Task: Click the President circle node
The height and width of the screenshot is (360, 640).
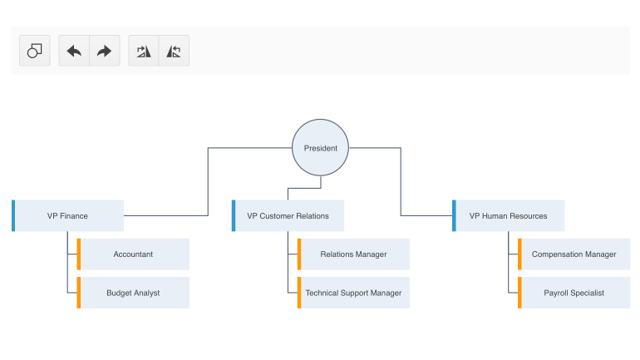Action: [x=320, y=148]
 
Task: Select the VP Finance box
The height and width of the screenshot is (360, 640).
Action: [x=68, y=216]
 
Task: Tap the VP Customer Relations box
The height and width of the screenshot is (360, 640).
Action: [x=288, y=216]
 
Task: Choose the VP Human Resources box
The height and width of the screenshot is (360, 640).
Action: [x=509, y=216]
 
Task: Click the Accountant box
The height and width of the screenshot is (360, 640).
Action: [x=134, y=254]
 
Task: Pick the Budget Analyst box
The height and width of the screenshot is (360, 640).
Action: [x=134, y=293]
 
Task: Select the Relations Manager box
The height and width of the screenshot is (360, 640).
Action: [x=354, y=254]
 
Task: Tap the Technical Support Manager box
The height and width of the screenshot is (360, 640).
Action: [x=354, y=293]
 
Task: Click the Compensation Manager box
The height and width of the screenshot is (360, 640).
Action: [x=574, y=254]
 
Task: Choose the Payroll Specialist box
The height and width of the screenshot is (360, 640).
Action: [x=574, y=293]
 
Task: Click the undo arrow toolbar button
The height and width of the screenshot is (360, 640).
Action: [x=74, y=51]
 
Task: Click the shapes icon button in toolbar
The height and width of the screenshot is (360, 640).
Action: [x=35, y=51]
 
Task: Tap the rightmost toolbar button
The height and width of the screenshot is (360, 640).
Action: [x=174, y=51]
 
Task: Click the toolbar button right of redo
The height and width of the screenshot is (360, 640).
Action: [x=144, y=51]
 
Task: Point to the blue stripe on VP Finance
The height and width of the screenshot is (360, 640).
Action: [x=13, y=216]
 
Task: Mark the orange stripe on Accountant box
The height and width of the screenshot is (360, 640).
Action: [x=79, y=254]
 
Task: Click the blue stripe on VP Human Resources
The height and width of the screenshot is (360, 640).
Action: [x=454, y=216]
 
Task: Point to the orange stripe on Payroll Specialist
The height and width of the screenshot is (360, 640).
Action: [x=520, y=293]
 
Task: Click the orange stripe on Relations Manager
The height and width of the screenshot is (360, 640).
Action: [x=299, y=254]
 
